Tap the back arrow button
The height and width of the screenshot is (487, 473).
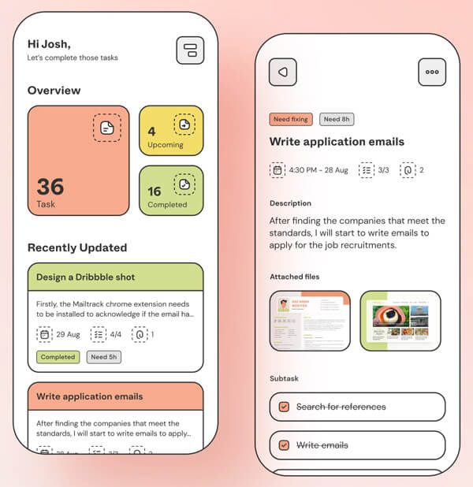point(282,72)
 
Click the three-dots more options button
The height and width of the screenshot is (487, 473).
point(431,72)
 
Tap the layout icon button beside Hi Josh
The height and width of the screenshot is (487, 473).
point(189,50)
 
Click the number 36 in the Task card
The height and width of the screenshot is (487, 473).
point(50,187)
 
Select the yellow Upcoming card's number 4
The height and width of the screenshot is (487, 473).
point(152,131)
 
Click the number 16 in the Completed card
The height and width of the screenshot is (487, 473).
point(155,191)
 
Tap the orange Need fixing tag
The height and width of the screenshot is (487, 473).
point(291,119)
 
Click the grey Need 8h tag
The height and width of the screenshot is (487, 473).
point(337,119)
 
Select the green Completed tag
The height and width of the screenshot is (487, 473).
point(58,357)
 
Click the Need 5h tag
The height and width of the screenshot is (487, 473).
point(103,357)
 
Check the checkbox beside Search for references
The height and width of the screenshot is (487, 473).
point(284,407)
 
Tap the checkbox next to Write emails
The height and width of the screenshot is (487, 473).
point(284,445)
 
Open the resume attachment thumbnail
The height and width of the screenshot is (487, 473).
point(309,321)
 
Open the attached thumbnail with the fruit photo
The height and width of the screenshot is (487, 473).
point(400,321)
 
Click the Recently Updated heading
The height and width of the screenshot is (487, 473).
point(77,247)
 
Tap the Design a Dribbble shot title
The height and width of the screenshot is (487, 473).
point(85,277)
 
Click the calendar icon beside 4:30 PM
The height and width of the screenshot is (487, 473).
point(277,169)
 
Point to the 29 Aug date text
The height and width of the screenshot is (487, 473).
point(68,335)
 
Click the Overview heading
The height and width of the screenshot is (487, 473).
point(54,91)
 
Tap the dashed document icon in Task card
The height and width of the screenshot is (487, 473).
point(107,128)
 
